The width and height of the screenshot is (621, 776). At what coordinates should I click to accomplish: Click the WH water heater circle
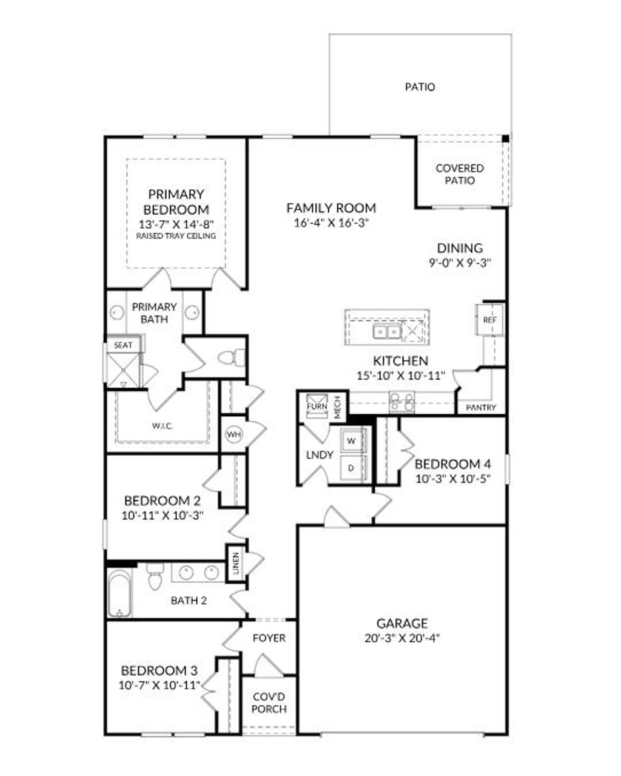pos(233,434)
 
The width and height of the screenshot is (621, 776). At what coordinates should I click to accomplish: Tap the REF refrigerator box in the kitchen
pos(489,320)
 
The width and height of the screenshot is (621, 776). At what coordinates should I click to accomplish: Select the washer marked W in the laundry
pos(351,439)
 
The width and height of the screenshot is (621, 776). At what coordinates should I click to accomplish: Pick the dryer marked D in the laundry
pos(351,468)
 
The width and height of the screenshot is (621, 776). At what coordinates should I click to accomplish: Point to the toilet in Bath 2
pos(155,575)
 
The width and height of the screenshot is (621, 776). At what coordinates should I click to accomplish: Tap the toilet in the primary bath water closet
pos(230,357)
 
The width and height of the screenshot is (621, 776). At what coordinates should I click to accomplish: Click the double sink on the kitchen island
pos(386,331)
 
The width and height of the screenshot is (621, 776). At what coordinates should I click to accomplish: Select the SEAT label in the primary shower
pos(123,345)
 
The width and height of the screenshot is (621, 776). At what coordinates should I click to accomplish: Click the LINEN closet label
pos(235,564)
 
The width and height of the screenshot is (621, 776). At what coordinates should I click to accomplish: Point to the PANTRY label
pos(481,408)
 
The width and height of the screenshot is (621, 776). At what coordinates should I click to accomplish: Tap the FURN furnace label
pos(317,407)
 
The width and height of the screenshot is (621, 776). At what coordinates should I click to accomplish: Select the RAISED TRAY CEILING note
pos(176,236)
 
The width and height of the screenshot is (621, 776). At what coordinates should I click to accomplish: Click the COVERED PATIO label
pos(460,174)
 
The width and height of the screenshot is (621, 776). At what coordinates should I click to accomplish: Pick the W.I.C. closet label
pos(163,426)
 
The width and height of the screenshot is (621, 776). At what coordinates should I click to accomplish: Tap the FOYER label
pos(269,638)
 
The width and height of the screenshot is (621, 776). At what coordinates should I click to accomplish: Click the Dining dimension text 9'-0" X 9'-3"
pos(460,263)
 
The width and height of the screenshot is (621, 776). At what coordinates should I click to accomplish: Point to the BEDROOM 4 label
pos(452,464)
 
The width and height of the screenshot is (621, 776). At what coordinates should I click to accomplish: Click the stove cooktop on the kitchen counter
pos(401,401)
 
